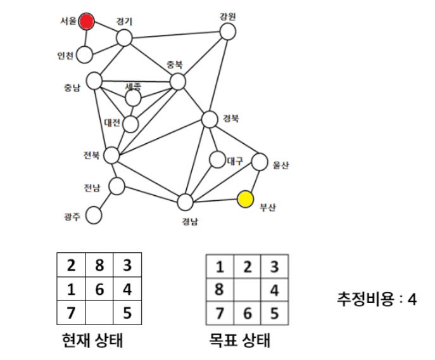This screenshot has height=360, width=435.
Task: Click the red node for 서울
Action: click(87, 22)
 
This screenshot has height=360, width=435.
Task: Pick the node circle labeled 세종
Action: click(133, 98)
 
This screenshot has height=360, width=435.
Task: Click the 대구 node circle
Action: click(217, 161)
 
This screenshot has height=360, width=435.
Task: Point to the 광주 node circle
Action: click(93, 215)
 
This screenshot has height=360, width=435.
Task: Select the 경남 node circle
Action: click(185, 202)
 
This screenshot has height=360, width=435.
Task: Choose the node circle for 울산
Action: click(260, 162)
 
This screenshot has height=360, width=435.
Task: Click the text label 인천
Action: click(65, 56)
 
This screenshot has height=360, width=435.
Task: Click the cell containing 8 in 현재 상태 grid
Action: click(99, 264)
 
